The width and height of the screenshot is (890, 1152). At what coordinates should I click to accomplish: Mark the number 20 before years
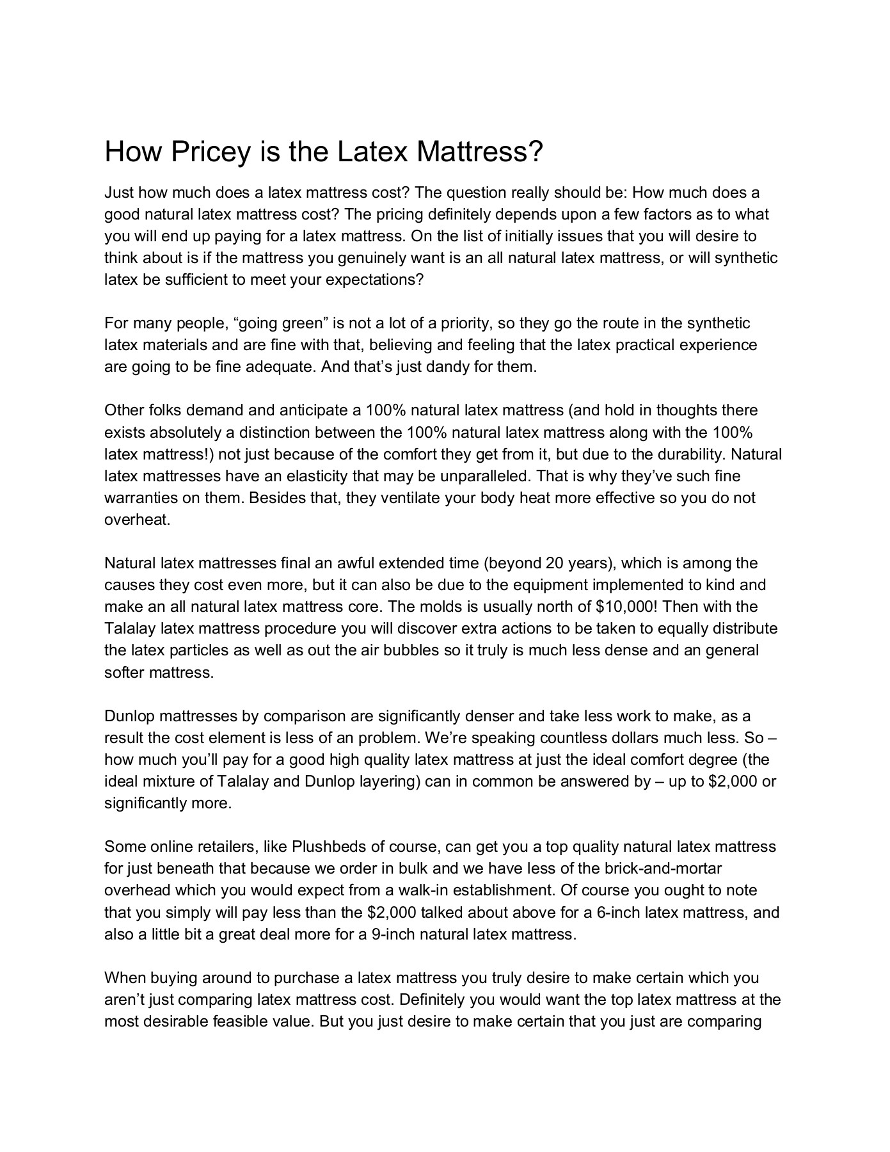click(x=554, y=563)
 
